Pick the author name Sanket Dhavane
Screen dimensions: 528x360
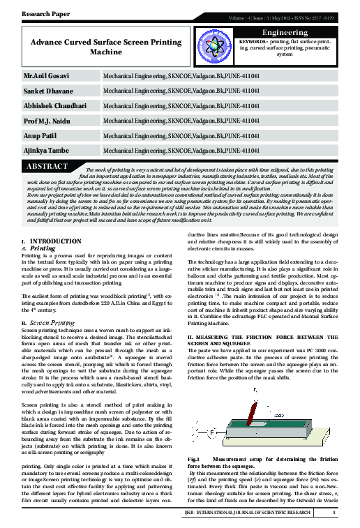(x=45, y=91)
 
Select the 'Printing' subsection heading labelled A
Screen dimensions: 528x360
(x=43, y=248)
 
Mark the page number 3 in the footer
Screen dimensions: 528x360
(x=334, y=515)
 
